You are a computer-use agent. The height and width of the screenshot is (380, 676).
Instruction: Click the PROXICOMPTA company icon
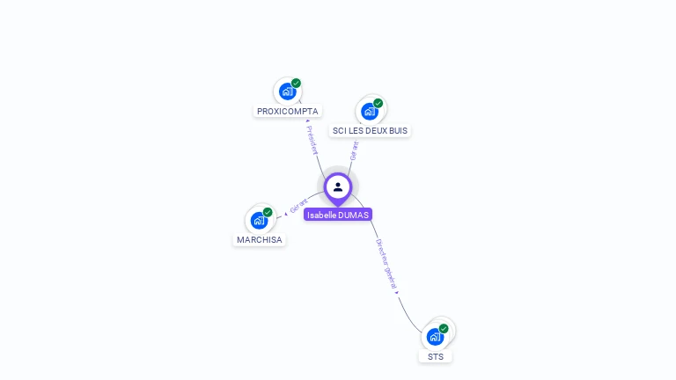287,91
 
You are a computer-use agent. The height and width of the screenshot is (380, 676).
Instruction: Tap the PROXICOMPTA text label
287,112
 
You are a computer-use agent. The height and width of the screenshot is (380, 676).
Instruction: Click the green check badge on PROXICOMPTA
297,83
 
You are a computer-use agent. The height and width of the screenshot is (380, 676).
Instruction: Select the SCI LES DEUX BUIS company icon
370,111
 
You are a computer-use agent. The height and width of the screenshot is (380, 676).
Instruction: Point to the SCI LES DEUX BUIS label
370,130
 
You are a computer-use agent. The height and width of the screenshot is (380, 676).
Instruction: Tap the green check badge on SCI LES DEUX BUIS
378,103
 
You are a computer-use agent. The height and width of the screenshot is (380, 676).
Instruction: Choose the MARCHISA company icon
259,220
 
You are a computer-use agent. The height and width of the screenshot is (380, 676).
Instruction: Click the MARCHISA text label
260,239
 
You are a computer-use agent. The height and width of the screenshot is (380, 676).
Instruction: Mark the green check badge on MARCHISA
268,212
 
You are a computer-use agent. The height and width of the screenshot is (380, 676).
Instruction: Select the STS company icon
435,336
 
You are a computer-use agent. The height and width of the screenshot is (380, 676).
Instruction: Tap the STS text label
436,356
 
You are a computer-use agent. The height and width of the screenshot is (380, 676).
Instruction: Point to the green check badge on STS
444,328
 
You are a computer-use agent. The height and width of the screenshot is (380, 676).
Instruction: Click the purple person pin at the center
338,187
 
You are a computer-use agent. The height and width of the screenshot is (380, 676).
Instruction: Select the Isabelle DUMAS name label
338,215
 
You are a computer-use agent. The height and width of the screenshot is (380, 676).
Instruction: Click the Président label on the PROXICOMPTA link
312,139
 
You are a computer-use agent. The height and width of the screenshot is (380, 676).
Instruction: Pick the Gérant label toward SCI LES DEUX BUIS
354,150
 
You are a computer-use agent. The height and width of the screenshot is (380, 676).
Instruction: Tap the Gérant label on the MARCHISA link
298,206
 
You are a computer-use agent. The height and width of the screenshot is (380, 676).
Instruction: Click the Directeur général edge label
386,265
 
